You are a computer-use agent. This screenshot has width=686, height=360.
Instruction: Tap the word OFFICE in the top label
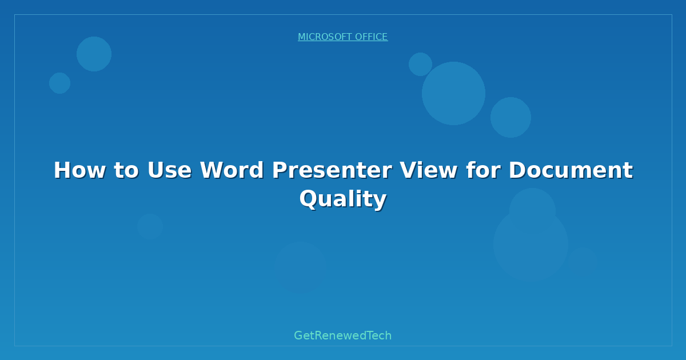(371, 37)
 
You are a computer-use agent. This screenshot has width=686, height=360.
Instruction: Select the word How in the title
(76, 170)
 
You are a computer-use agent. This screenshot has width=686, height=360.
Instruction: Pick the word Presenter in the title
(332, 170)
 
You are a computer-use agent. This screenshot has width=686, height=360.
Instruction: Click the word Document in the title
(571, 170)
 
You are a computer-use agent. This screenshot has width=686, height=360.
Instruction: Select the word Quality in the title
(343, 199)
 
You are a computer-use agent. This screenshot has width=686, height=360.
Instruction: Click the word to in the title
(126, 170)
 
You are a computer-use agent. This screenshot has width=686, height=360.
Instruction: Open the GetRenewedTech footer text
(343, 335)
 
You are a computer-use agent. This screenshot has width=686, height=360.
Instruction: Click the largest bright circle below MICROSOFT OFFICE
(453, 93)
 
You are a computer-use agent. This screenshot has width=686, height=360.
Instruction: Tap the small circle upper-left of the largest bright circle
(420, 64)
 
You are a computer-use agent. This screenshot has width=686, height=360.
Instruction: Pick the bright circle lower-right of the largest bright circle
(510, 117)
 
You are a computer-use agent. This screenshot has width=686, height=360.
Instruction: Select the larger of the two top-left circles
(94, 54)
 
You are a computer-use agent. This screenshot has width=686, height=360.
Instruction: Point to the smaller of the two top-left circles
(59, 83)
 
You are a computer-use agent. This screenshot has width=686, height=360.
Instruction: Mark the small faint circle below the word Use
(150, 226)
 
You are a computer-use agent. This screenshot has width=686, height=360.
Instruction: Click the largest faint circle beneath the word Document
(531, 244)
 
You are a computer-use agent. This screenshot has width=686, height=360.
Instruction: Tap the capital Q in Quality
(309, 199)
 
